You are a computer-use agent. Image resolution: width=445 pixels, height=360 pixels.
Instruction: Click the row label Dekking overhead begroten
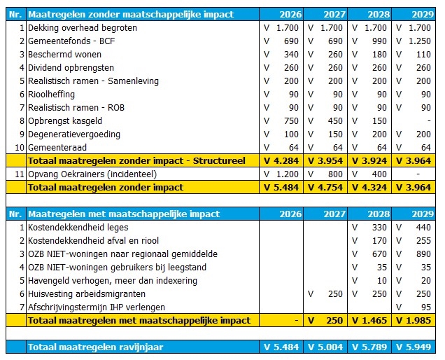coord(82,28)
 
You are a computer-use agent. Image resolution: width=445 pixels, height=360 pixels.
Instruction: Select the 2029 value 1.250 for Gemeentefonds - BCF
coord(420,41)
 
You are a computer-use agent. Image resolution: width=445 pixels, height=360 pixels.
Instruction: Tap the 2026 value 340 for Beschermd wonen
coord(290,55)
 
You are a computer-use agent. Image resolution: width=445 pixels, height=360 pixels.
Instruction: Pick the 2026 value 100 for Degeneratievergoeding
coord(290,134)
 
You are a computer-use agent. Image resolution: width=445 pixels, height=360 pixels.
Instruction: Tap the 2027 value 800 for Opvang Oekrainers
coord(334,174)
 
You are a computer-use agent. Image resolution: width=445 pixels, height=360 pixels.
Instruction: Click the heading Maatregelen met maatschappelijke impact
coord(123,214)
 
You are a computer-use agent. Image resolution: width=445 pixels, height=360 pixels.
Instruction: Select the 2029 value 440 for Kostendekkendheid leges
coord(423,228)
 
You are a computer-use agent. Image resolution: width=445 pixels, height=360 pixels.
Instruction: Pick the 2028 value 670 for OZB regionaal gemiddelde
coord(379,254)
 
